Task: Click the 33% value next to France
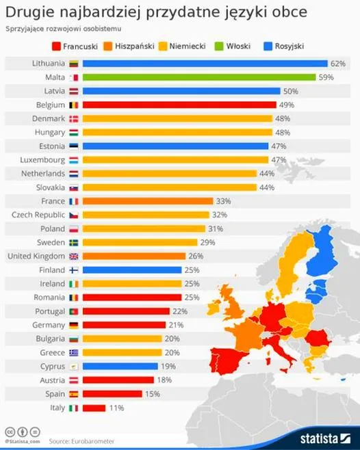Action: click(223, 201)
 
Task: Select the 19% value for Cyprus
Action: click(168, 367)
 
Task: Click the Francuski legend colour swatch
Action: click(55, 46)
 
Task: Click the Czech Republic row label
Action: click(38, 215)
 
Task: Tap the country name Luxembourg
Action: click(39, 160)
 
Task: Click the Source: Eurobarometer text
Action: click(82, 442)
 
